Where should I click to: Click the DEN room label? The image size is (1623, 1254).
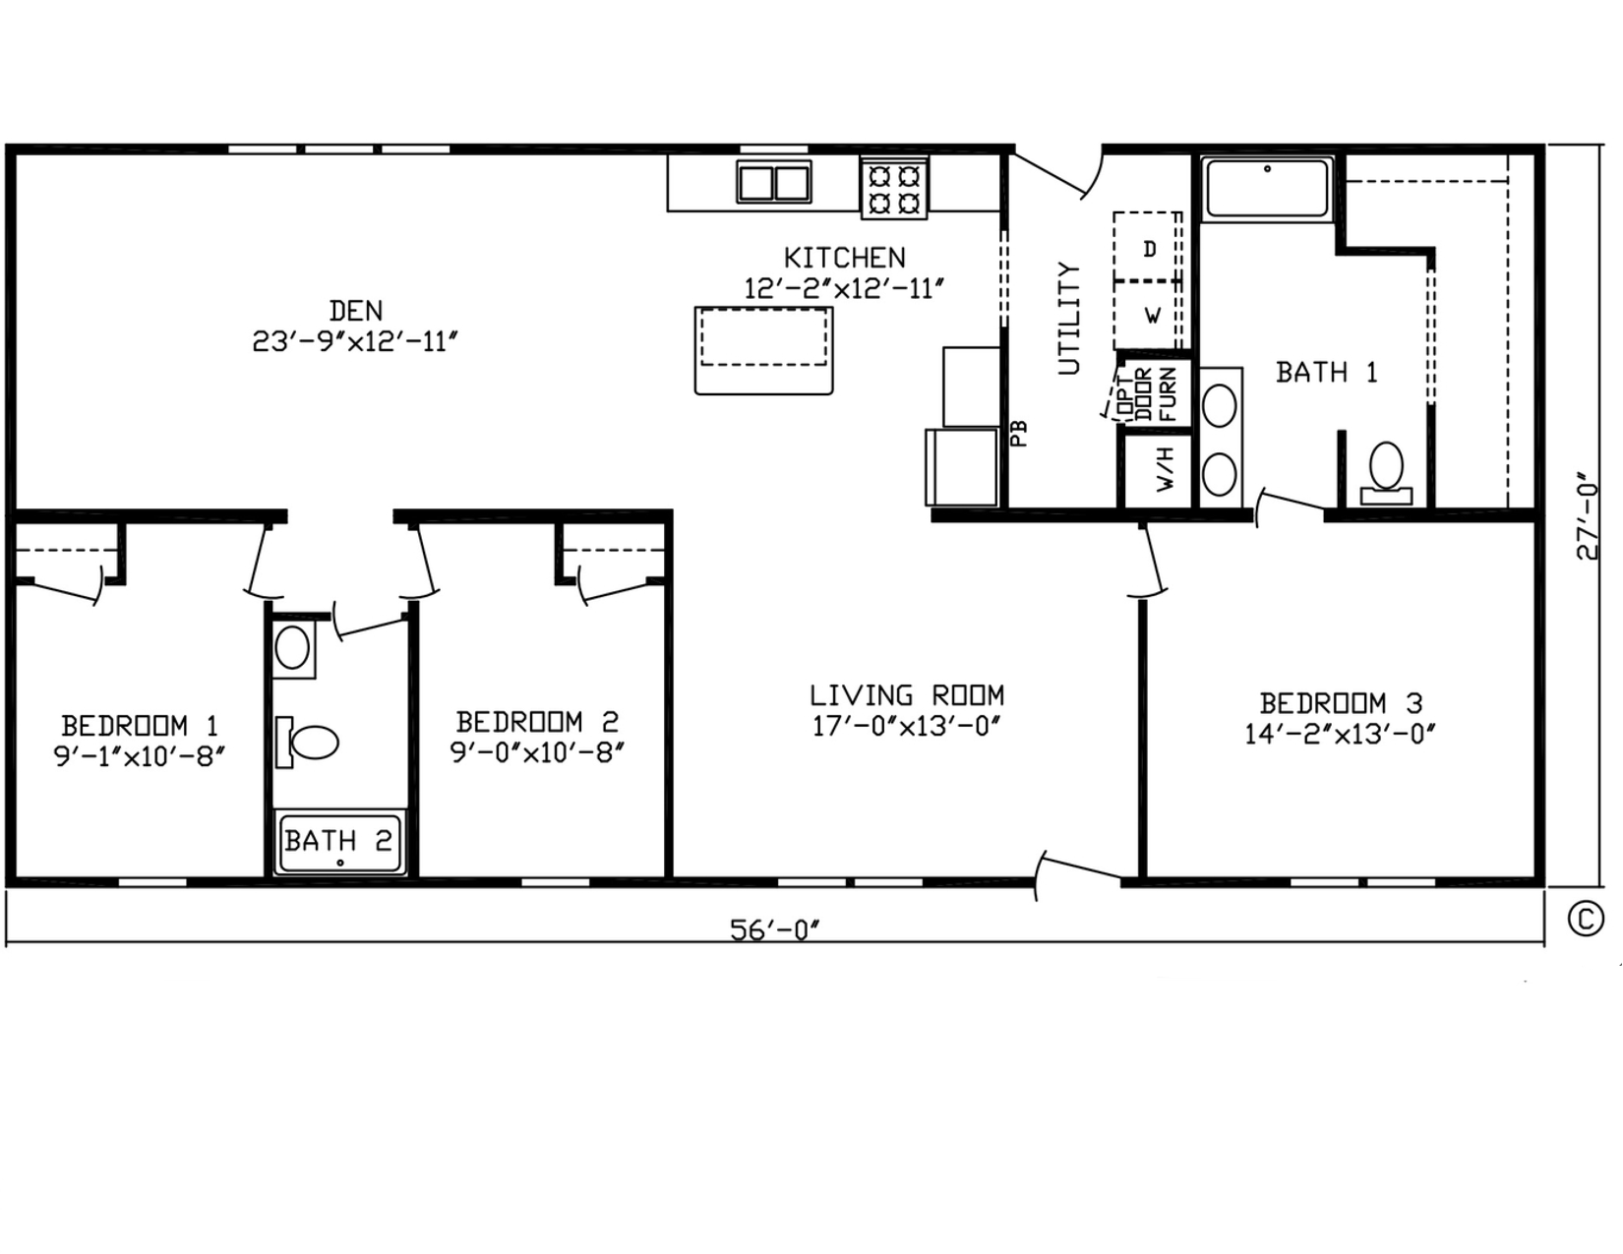355,310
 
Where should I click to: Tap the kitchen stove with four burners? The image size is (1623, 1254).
894,189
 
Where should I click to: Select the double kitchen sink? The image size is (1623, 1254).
774,182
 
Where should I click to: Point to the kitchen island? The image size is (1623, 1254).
763,349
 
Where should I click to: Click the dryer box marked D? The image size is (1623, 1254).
1148,247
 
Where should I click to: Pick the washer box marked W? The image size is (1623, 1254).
1148,315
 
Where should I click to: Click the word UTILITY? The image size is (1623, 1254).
1069,318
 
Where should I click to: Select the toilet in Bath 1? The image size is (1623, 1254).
1386,474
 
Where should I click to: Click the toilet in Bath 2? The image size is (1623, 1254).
307,742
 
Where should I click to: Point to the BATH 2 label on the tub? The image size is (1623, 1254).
338,841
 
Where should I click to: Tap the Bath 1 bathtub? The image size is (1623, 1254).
1267,189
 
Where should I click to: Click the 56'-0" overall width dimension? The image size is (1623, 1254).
774,930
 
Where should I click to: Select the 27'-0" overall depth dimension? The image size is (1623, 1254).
1588,515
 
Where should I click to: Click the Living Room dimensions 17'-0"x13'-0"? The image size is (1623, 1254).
906,726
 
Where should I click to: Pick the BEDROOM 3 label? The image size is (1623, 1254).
1341,703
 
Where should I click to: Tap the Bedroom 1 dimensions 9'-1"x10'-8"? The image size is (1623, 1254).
140,756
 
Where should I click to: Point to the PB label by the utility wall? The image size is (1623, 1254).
1019,433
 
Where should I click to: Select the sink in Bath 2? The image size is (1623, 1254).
293,647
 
